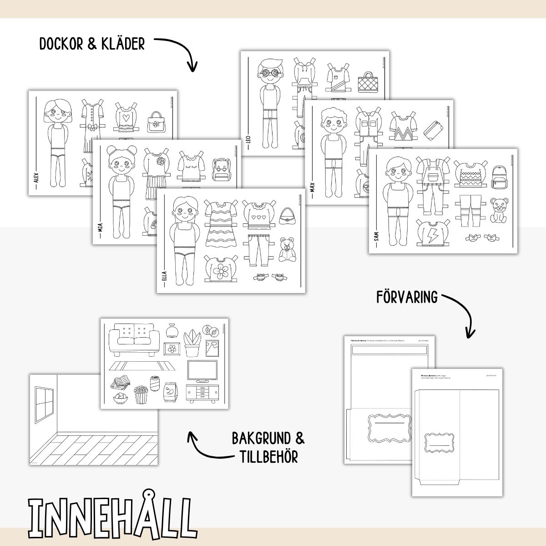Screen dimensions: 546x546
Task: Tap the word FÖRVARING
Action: (x=407, y=297)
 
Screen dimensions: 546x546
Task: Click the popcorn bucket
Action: (x=141, y=394)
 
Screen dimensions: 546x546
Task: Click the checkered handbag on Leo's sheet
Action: (x=367, y=81)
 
